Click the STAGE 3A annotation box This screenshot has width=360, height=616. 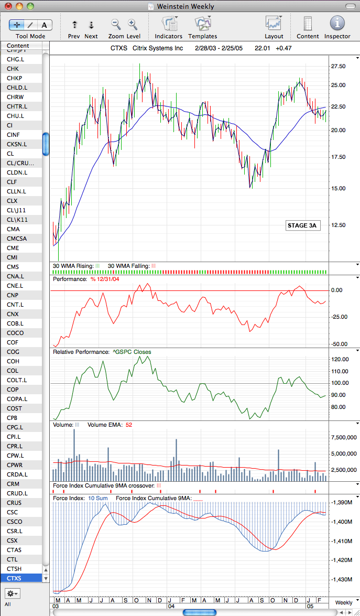[301, 225]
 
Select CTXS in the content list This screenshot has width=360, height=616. [14, 578]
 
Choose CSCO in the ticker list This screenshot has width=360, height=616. [15, 521]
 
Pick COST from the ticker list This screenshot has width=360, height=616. [15, 408]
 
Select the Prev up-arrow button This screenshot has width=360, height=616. [74, 25]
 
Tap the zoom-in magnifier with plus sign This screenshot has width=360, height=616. [133, 25]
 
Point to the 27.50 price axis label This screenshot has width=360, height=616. [339, 67]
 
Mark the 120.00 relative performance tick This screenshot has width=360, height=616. [340, 359]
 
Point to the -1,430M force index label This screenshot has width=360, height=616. [342, 579]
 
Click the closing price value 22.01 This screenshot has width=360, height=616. [262, 49]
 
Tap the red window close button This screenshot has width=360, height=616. [8, 6]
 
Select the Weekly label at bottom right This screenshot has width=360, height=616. [344, 602]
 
